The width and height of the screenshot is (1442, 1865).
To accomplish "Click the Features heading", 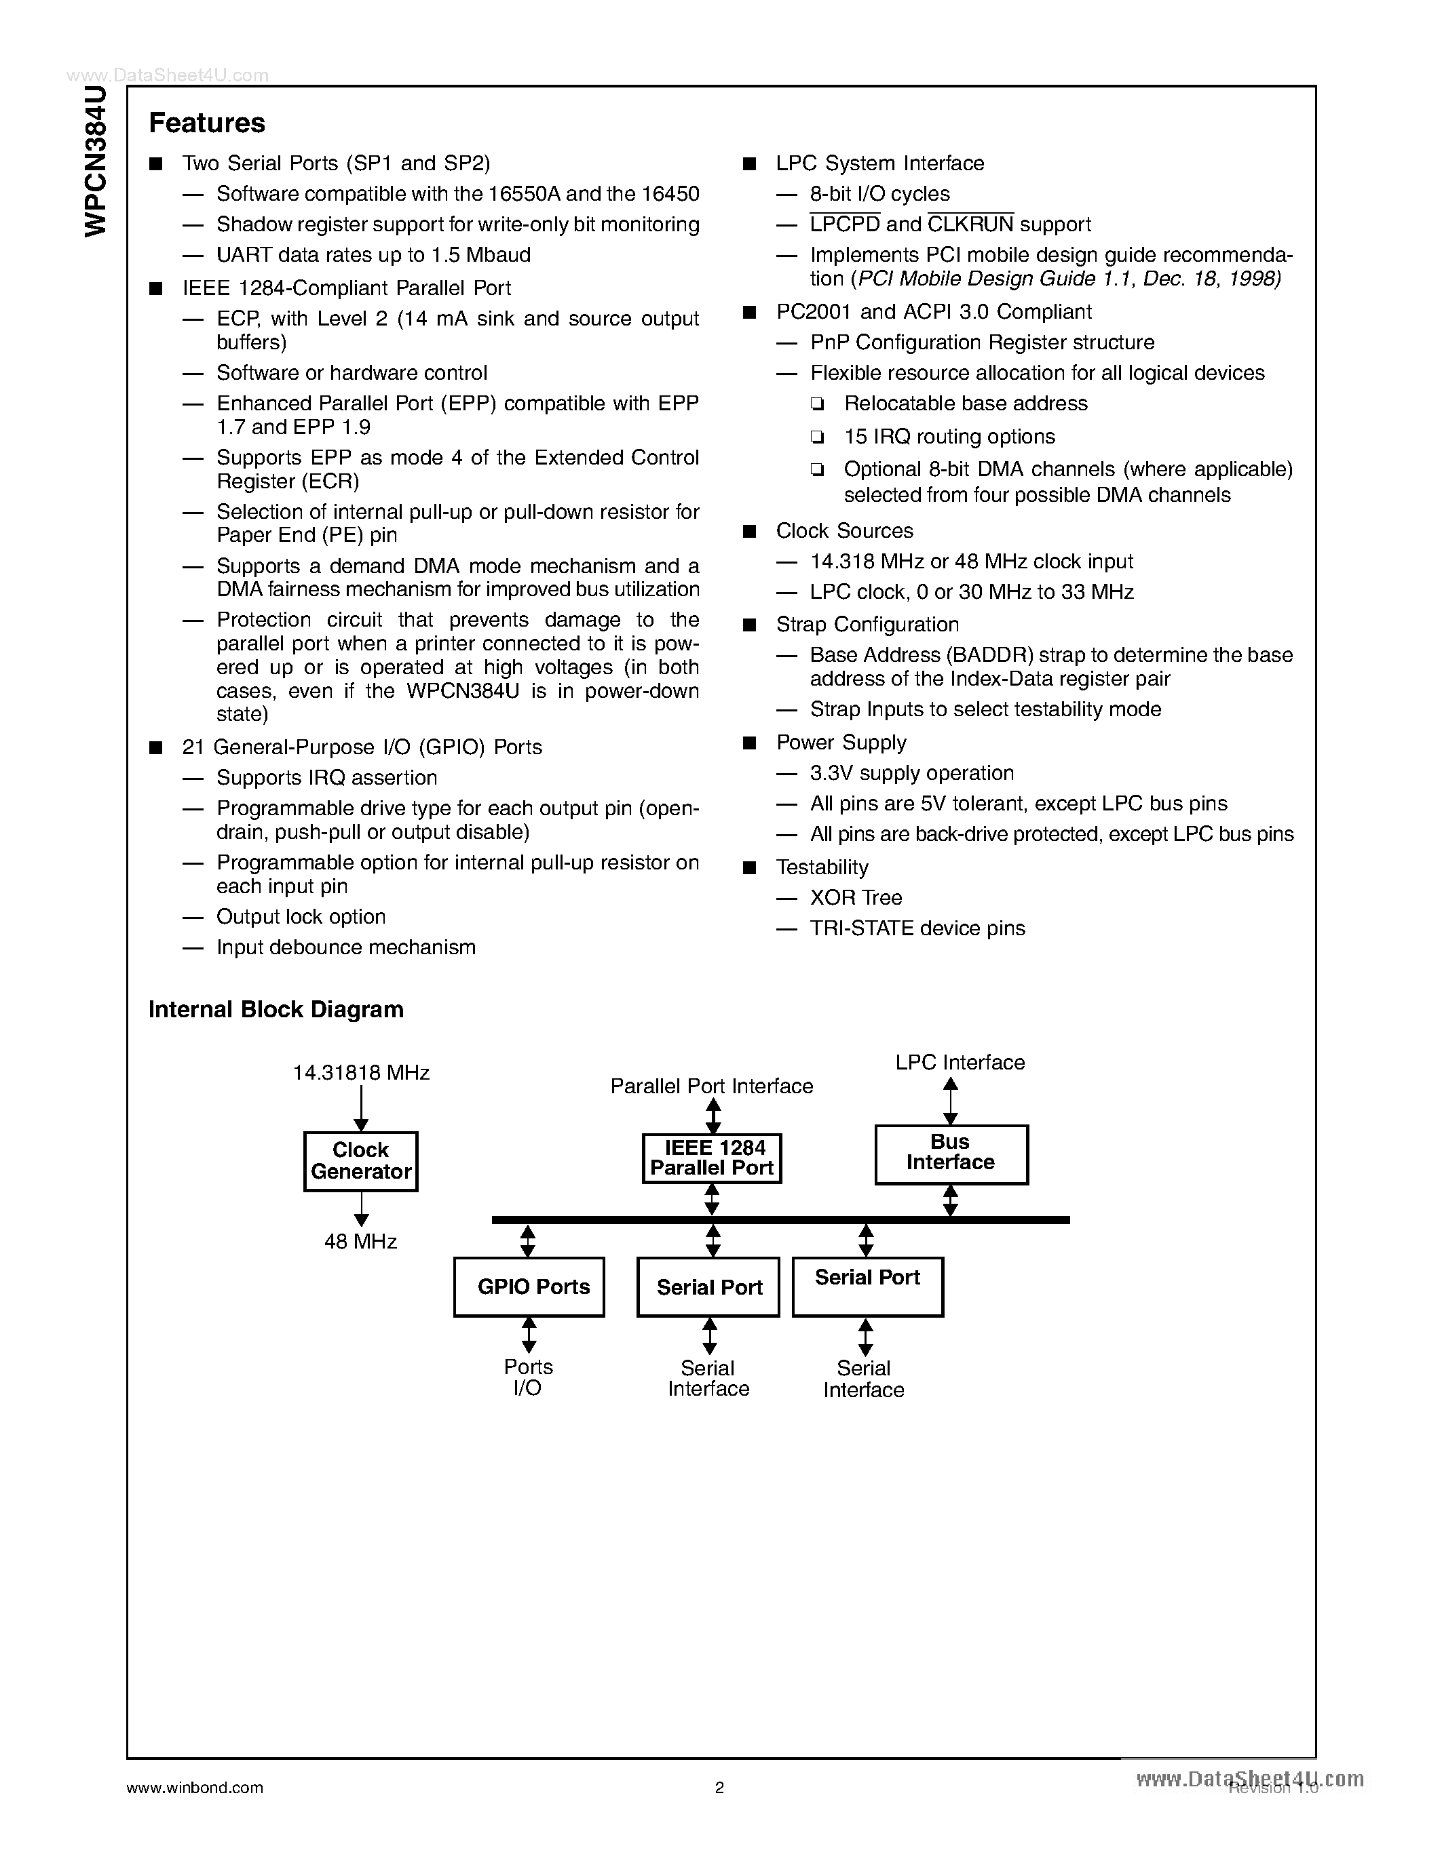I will tap(207, 123).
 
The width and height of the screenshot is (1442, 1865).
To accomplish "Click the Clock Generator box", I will tap(360, 1161).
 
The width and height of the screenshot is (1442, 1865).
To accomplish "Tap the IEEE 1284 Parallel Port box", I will tap(712, 1158).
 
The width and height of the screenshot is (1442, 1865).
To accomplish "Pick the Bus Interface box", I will tap(951, 1154).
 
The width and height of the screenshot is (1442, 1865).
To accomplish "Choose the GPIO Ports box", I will tap(529, 1287).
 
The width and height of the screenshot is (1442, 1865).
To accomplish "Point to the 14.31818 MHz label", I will tap(360, 1073).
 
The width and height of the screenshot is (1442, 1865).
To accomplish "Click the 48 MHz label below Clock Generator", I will tap(360, 1242).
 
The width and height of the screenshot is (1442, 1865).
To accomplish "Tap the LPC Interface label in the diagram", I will tap(960, 1062).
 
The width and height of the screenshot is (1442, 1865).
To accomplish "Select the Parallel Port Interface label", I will tap(712, 1086).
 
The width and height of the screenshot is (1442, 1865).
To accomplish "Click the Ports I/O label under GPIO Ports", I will tap(528, 1377).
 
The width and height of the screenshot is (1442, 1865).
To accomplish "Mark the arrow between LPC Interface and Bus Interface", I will tap(950, 1101).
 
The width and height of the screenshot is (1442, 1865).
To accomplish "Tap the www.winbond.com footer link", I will tap(195, 1787).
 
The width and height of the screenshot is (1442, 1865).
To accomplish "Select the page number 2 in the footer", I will tap(719, 1787).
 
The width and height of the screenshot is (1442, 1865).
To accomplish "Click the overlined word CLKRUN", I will tap(970, 224).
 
